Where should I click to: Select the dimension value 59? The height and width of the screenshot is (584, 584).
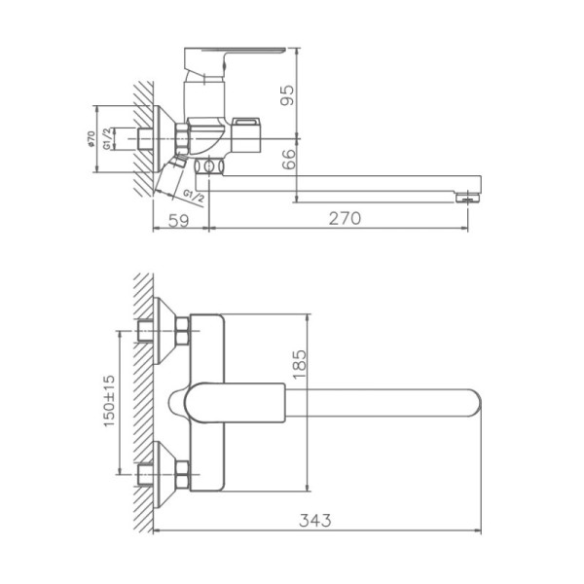(x=180, y=219)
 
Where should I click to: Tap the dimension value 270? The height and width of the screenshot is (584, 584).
(x=342, y=219)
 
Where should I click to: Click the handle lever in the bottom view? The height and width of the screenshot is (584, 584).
(x=229, y=401)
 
